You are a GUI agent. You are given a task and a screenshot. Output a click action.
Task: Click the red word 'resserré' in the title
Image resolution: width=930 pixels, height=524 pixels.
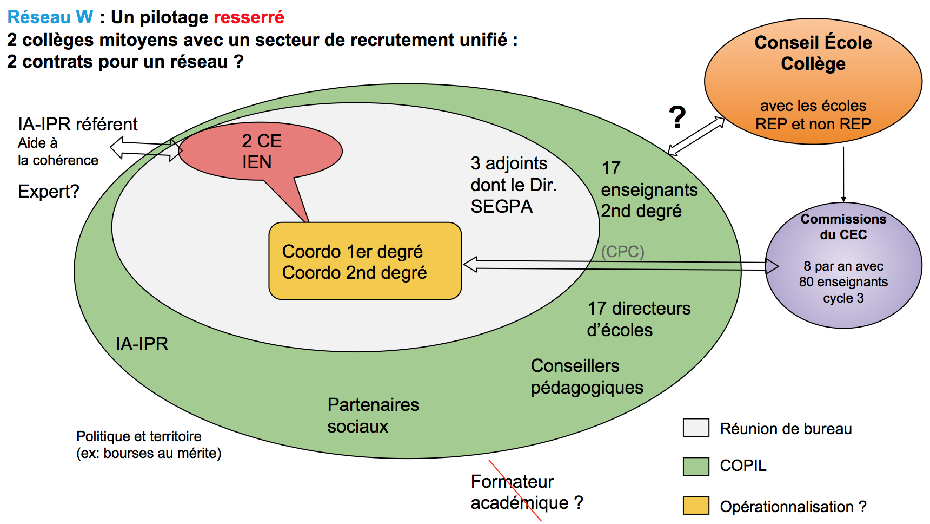[x=249, y=17]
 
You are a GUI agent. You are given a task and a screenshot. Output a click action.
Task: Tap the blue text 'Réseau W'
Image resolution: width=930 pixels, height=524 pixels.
[x=50, y=17]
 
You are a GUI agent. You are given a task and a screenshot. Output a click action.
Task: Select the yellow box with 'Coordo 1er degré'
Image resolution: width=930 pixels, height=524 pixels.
[x=365, y=261]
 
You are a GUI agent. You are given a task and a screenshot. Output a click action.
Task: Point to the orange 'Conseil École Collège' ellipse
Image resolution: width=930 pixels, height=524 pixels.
[x=813, y=81]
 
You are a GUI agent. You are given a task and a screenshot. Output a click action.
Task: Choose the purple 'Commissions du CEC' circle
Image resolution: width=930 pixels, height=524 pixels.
[x=843, y=265]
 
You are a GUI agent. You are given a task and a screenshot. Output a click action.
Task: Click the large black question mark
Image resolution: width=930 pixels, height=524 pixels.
[x=677, y=117]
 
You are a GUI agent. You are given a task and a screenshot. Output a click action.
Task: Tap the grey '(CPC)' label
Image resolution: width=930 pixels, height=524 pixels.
[x=622, y=252]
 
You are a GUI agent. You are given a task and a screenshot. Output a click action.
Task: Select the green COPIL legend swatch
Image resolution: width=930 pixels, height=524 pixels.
[x=696, y=466]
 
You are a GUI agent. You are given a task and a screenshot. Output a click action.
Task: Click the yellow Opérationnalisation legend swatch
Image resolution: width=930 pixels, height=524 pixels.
[x=696, y=506]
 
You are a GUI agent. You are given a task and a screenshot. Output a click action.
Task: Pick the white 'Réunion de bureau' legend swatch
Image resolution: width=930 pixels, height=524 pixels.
[x=696, y=428]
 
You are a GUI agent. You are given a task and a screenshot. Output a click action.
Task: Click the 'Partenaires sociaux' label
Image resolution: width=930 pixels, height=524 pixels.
[x=373, y=415]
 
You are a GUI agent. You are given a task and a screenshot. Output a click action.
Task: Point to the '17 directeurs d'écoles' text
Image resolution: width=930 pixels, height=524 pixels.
[x=638, y=319]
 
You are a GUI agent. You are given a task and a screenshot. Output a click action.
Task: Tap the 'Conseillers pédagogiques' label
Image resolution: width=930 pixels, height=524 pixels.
[x=587, y=376]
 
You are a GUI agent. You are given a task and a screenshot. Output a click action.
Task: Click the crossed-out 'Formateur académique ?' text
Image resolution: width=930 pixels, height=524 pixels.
[x=526, y=492]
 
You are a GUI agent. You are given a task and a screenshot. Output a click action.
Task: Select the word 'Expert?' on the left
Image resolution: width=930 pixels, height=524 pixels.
[x=49, y=192]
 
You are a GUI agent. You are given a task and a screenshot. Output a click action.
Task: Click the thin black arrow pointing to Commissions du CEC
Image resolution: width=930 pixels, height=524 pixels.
[x=843, y=173]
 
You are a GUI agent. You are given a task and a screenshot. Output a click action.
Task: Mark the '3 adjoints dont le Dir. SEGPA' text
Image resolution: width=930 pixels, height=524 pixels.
[x=513, y=185]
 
